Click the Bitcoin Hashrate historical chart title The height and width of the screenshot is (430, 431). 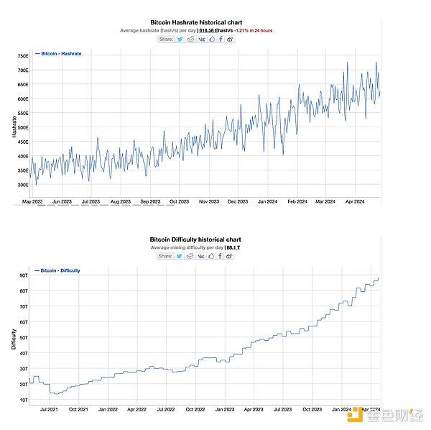[x=196, y=23]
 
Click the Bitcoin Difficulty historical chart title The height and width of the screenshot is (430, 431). [x=196, y=239]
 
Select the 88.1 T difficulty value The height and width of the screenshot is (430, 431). [x=233, y=247]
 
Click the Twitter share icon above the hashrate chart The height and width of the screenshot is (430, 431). [x=180, y=39]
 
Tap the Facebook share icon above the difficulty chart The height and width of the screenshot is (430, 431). [x=221, y=255]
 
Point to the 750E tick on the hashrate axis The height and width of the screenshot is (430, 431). [x=22, y=55]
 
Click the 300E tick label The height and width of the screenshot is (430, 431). [x=22, y=185]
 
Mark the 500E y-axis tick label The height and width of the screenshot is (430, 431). [x=22, y=127]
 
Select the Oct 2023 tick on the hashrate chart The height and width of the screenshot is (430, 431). [x=179, y=202]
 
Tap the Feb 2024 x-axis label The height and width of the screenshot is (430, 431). [x=297, y=202]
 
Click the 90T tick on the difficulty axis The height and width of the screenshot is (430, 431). [x=23, y=275]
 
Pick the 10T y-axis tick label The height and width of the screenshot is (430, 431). [x=23, y=400]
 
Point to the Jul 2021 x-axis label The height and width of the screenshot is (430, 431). [x=50, y=409]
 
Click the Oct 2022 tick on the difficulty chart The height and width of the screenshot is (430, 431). [x=195, y=409]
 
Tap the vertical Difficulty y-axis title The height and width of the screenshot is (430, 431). [x=14, y=336]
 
